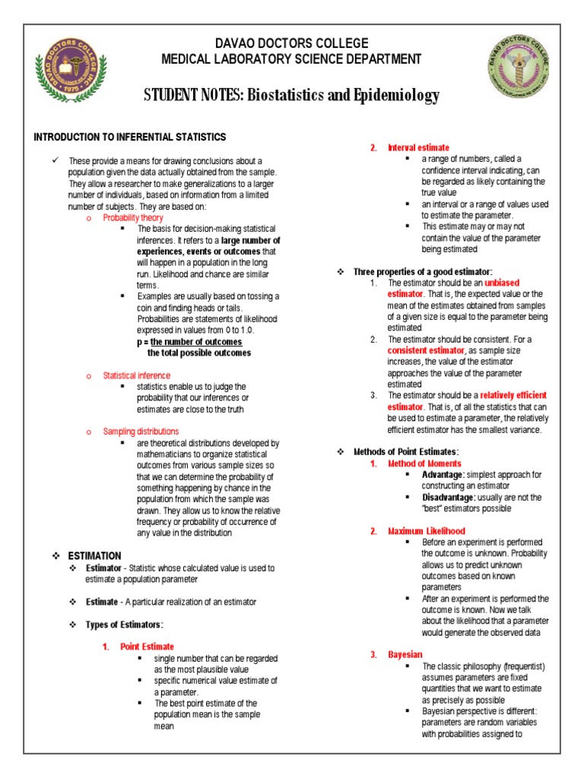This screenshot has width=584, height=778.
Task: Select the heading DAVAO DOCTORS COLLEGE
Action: [x=283, y=43]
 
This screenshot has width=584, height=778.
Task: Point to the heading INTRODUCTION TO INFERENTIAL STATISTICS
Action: [x=129, y=138]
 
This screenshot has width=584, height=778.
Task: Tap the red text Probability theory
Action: [x=133, y=217]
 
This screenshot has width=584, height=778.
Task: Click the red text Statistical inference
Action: [x=137, y=375]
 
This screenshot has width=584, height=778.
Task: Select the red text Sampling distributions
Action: [x=141, y=431]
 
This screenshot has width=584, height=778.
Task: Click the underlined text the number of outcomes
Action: [x=199, y=342]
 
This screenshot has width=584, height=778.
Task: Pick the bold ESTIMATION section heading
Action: [x=94, y=556]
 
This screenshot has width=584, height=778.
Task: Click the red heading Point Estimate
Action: [x=147, y=647]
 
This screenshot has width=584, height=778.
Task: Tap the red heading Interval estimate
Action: [x=418, y=147]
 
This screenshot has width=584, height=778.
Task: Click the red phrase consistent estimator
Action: [x=426, y=350]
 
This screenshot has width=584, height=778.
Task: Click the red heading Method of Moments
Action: [x=424, y=463]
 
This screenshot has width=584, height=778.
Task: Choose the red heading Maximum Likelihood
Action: [x=427, y=531]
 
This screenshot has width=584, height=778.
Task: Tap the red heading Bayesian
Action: [x=405, y=654]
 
